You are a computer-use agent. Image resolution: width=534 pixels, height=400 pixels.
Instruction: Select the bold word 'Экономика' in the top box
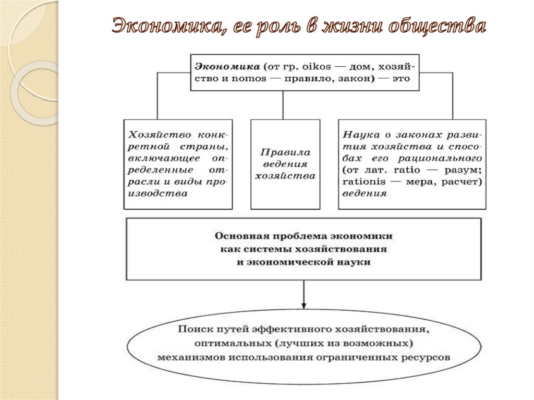[x=227, y=67]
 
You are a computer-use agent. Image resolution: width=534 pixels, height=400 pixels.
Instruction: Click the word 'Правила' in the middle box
[x=285, y=153]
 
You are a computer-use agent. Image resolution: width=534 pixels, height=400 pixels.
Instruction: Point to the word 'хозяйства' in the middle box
[x=285, y=176]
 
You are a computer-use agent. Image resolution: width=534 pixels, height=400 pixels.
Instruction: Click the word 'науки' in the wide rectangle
[x=357, y=262]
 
